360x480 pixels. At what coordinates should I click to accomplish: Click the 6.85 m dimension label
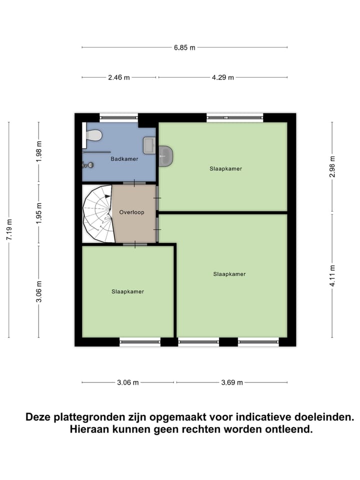pos(184,47)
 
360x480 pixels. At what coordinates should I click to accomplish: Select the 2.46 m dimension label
pos(118,77)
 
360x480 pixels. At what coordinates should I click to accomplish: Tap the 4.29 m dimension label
pos(222,77)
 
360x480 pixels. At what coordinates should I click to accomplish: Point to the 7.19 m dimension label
pos(9,230)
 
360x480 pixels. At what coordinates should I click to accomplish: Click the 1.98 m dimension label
pos(38,150)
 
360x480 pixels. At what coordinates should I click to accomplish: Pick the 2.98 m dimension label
pos(332,166)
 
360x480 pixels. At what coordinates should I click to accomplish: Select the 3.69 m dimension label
pos(232,382)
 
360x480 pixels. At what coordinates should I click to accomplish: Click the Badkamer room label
pos(124,159)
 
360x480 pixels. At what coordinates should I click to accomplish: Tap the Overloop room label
pos(131,212)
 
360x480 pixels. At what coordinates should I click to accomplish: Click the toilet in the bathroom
pos(93,135)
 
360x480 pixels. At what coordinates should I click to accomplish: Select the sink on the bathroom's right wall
pos(149,145)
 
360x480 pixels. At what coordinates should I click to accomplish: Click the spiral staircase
pos(98,214)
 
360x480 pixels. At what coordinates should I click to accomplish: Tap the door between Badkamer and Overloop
pos(134,183)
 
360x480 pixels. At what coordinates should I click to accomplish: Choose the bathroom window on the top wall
pos(118,118)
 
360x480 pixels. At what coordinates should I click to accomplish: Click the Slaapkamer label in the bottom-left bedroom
pos(128,291)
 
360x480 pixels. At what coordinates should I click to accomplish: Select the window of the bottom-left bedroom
pos(140,342)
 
